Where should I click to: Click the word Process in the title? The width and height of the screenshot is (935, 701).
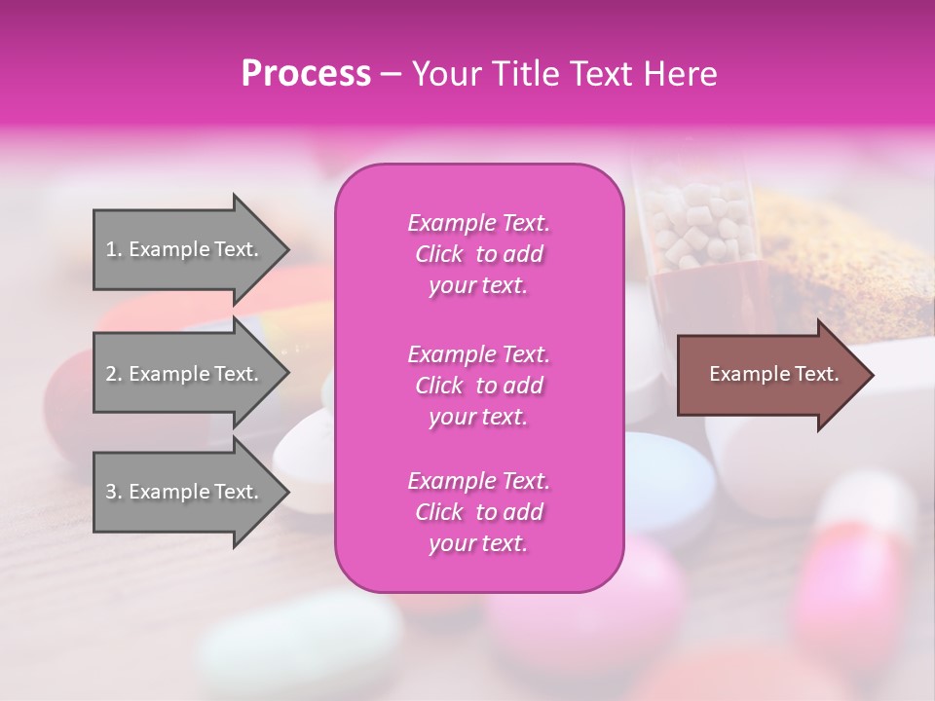[306, 73]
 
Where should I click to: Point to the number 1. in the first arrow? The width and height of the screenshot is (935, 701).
[113, 249]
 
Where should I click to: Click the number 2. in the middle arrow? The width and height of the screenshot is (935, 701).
[113, 374]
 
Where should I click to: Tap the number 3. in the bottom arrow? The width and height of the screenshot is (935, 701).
[113, 492]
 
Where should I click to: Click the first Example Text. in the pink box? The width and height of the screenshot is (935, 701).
[478, 223]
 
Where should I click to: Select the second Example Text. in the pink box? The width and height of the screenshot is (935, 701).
[478, 353]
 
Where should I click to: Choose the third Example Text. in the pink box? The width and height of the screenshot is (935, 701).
[478, 481]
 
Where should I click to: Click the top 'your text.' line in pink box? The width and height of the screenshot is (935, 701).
[478, 286]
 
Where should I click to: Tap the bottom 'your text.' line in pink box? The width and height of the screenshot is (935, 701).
[478, 544]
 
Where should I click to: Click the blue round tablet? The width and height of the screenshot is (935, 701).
[672, 477]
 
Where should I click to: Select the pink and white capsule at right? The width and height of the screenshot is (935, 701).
[857, 565]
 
